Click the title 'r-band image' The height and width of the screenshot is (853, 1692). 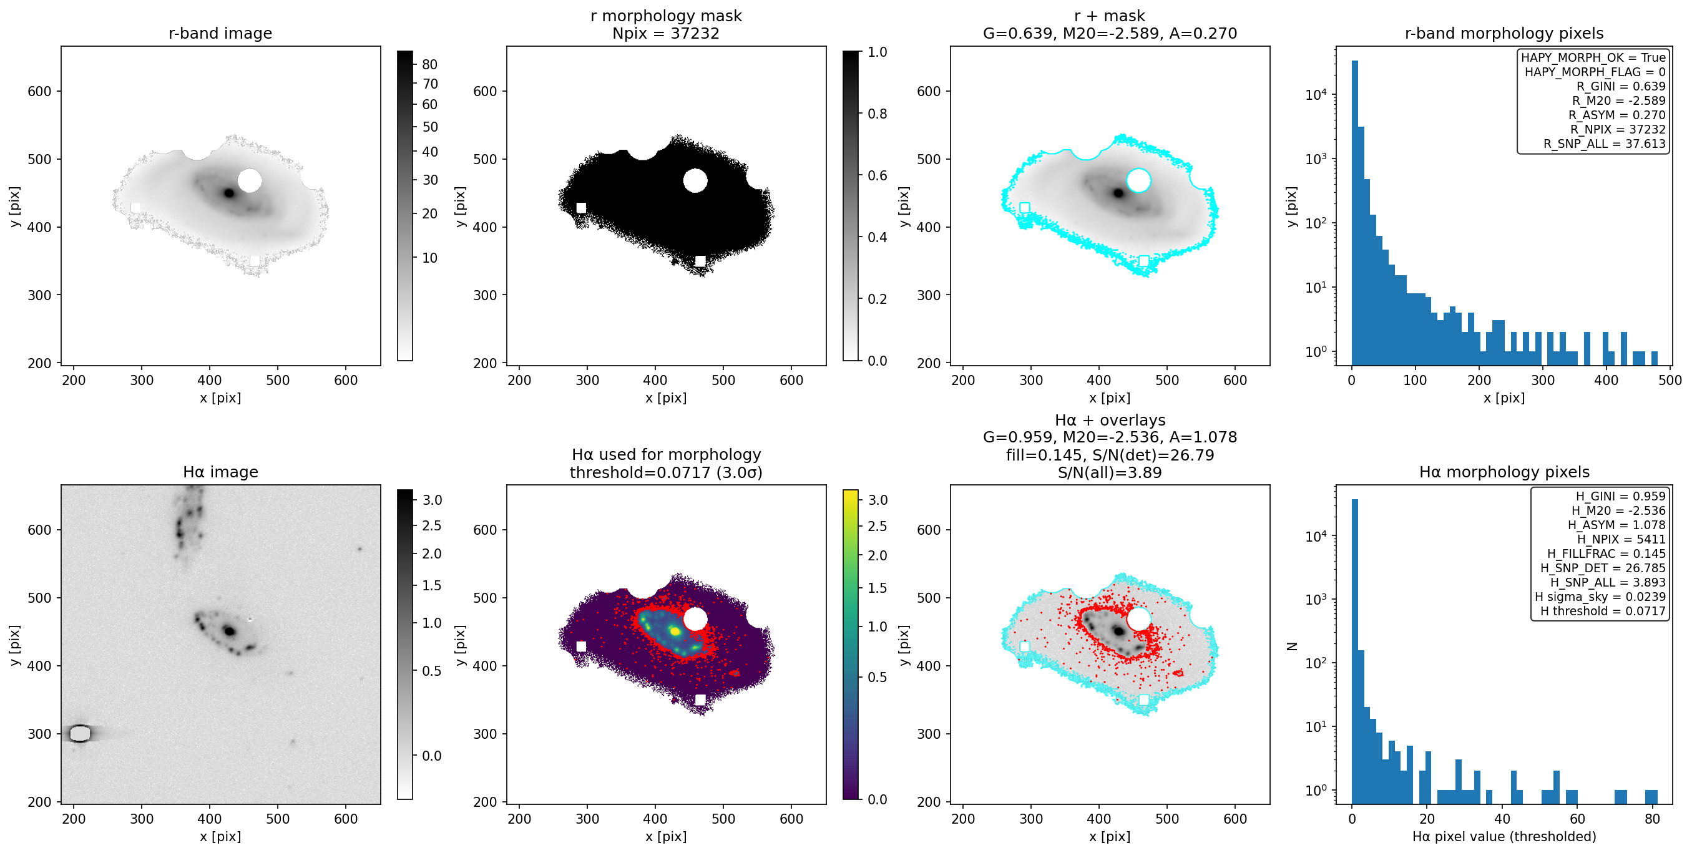tap(220, 34)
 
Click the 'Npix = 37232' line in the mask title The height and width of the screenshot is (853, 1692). tap(666, 34)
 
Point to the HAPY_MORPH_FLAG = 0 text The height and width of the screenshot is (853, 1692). tap(1595, 72)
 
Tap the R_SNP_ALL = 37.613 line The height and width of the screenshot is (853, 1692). tap(1604, 144)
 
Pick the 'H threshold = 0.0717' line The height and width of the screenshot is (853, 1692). tap(1603, 611)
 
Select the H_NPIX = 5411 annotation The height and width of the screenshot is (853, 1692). tap(1621, 539)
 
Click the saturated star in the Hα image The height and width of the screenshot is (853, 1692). tap(79, 733)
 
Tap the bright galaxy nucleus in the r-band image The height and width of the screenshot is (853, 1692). tap(228, 193)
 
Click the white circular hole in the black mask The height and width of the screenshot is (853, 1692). tap(695, 180)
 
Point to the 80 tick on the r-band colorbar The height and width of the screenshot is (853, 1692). tap(429, 64)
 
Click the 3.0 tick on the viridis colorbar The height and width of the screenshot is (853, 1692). tap(877, 500)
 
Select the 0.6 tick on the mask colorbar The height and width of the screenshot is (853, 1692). tap(877, 175)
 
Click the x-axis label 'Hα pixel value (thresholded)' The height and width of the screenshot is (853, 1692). tap(1504, 837)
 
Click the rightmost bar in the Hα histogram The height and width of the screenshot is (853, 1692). tap(1651, 796)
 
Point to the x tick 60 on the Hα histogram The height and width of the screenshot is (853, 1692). tap(1577, 819)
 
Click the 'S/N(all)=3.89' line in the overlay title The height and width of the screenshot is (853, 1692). tap(1110, 473)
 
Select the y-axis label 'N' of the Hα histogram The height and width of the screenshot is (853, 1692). tap(1292, 646)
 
